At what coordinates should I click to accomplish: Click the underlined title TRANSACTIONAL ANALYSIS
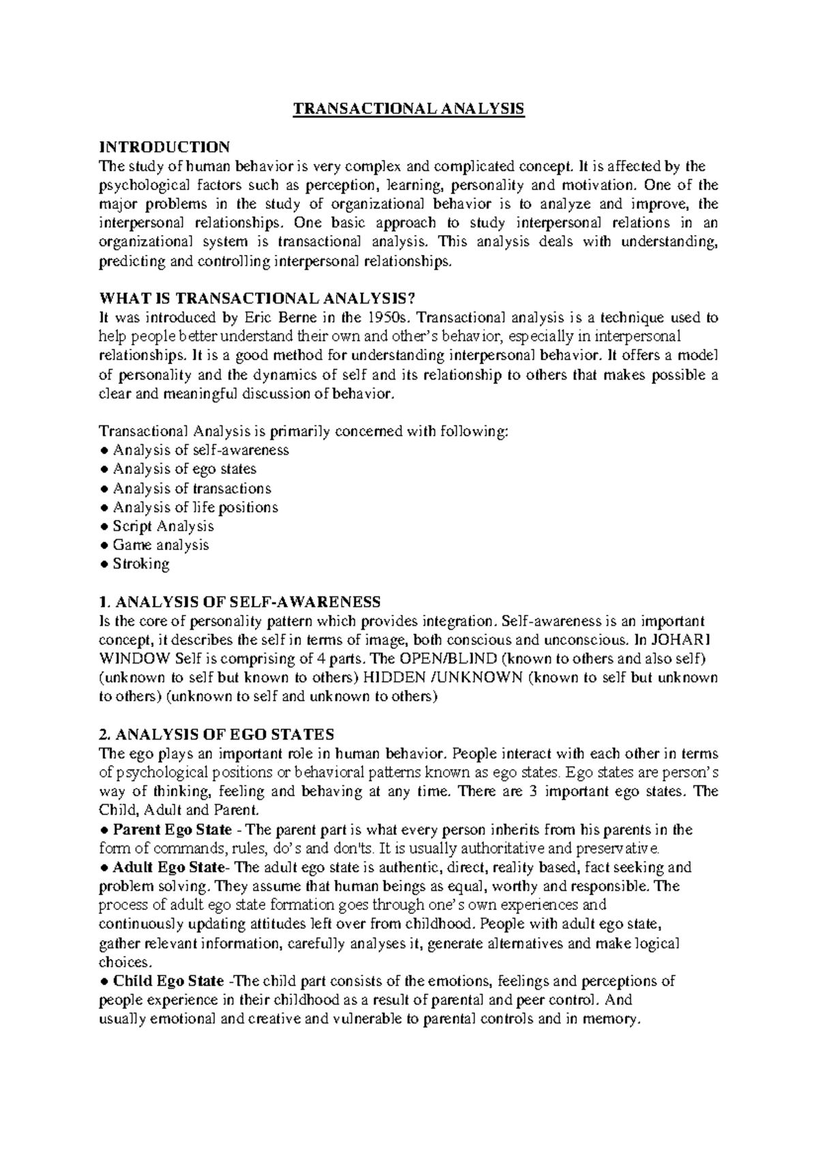[x=408, y=109]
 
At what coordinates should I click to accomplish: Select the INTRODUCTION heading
[x=164, y=147]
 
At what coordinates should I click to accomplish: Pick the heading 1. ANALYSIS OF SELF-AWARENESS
[x=239, y=602]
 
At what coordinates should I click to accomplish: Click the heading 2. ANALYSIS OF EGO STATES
[x=216, y=735]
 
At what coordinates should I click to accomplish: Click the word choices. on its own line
[x=123, y=962]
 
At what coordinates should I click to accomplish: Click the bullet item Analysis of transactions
[x=192, y=488]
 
